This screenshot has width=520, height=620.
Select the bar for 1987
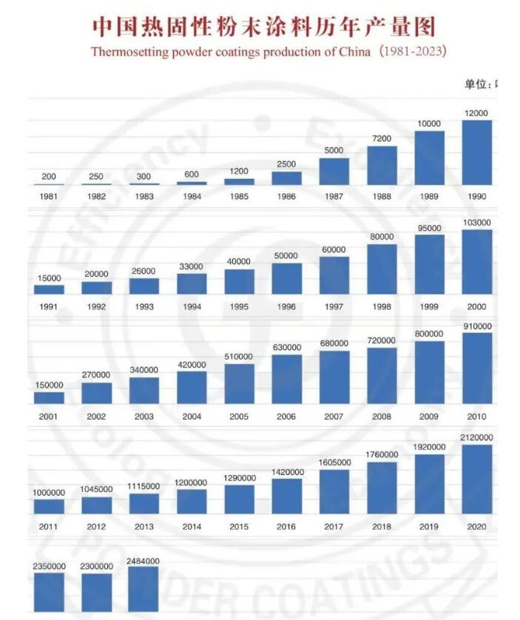click(334, 171)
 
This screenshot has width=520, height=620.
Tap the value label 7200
click(382, 138)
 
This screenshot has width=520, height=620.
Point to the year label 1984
click(192, 198)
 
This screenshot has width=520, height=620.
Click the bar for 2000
click(476, 261)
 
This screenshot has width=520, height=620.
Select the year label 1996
click(286, 306)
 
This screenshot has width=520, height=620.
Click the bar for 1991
click(49, 289)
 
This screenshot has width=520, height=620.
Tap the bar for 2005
click(239, 383)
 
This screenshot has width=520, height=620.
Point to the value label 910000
click(476, 326)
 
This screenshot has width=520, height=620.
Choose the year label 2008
click(382, 417)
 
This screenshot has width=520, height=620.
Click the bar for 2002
click(96, 393)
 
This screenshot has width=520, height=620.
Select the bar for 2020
click(476, 479)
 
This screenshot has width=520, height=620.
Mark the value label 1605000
click(334, 462)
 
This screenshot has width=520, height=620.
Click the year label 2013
click(143, 527)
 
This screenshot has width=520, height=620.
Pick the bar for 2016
click(286, 496)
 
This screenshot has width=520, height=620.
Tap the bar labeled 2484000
click(143, 590)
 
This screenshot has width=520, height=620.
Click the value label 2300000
click(96, 566)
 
